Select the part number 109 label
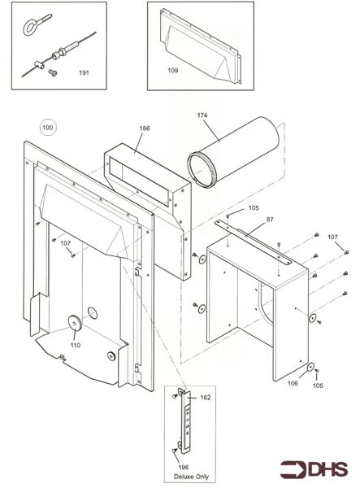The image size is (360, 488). [x=172, y=71]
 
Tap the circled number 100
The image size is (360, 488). [x=49, y=128]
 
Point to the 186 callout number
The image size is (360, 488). [x=144, y=129]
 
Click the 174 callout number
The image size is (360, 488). [x=202, y=115]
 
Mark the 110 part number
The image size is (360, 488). [x=75, y=345]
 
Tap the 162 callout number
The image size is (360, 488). [x=205, y=398]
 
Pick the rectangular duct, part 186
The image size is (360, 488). [x=146, y=175]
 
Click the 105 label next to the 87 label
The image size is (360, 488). [x=254, y=208]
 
